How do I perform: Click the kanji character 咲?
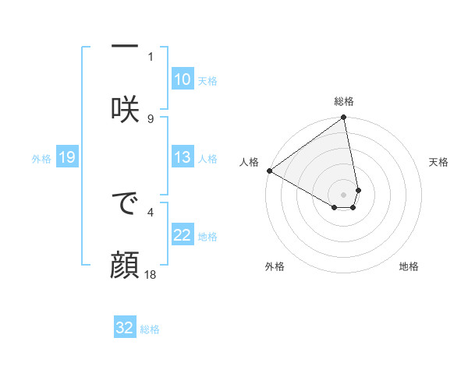point(125,108)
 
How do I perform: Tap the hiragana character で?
point(125,206)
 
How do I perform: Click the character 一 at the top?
point(125,47)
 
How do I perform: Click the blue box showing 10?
point(182,79)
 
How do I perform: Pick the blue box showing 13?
point(182,157)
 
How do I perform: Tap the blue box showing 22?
point(182,235)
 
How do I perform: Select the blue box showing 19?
point(66,157)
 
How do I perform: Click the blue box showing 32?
point(125,328)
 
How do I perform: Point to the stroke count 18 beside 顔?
point(151,275)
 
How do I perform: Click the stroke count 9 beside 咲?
point(151,118)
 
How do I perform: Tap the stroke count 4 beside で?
point(151,210)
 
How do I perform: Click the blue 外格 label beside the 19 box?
point(41,158)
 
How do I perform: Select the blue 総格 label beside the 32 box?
point(150,329)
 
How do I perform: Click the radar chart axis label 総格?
point(344,101)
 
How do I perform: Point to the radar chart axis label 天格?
point(439,162)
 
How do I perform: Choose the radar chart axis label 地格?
point(409,266)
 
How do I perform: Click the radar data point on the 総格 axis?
point(344,118)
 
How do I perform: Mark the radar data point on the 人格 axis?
point(269,171)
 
